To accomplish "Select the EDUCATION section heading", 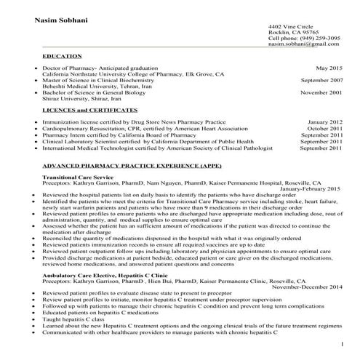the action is coord(62,56).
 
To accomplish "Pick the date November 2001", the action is coord(321,93).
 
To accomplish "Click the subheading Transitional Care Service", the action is coord(78,177).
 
